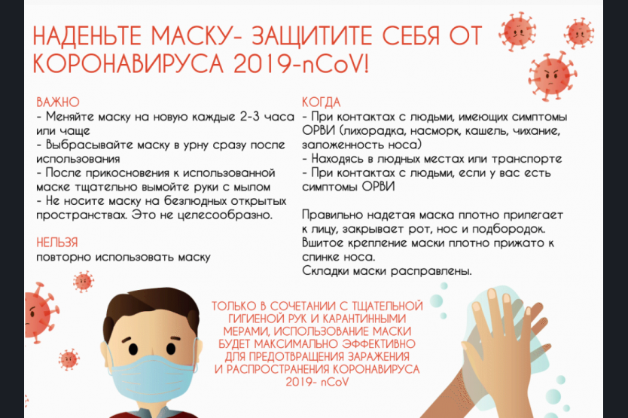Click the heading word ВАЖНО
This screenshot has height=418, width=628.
tap(58, 102)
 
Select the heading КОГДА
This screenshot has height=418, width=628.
tap(321, 102)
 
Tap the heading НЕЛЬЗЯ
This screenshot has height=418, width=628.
tap(57, 243)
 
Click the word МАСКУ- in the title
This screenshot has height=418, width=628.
tap(197, 35)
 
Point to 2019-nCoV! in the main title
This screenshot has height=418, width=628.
tap(300, 64)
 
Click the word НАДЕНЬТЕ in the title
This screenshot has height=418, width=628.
tap(87, 35)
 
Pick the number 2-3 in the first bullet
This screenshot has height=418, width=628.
tap(250, 117)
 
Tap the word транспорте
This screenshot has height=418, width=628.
tap(526, 159)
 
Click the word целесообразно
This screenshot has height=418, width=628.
tap(224, 215)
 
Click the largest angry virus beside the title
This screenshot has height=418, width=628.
tap(552, 75)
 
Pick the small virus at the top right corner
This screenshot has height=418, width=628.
tap(579, 33)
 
